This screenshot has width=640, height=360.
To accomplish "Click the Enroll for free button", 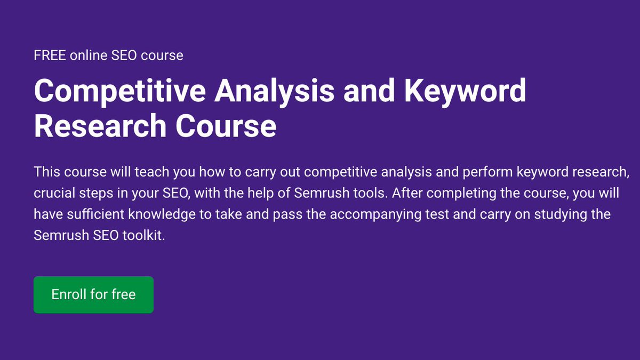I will (93, 294).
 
